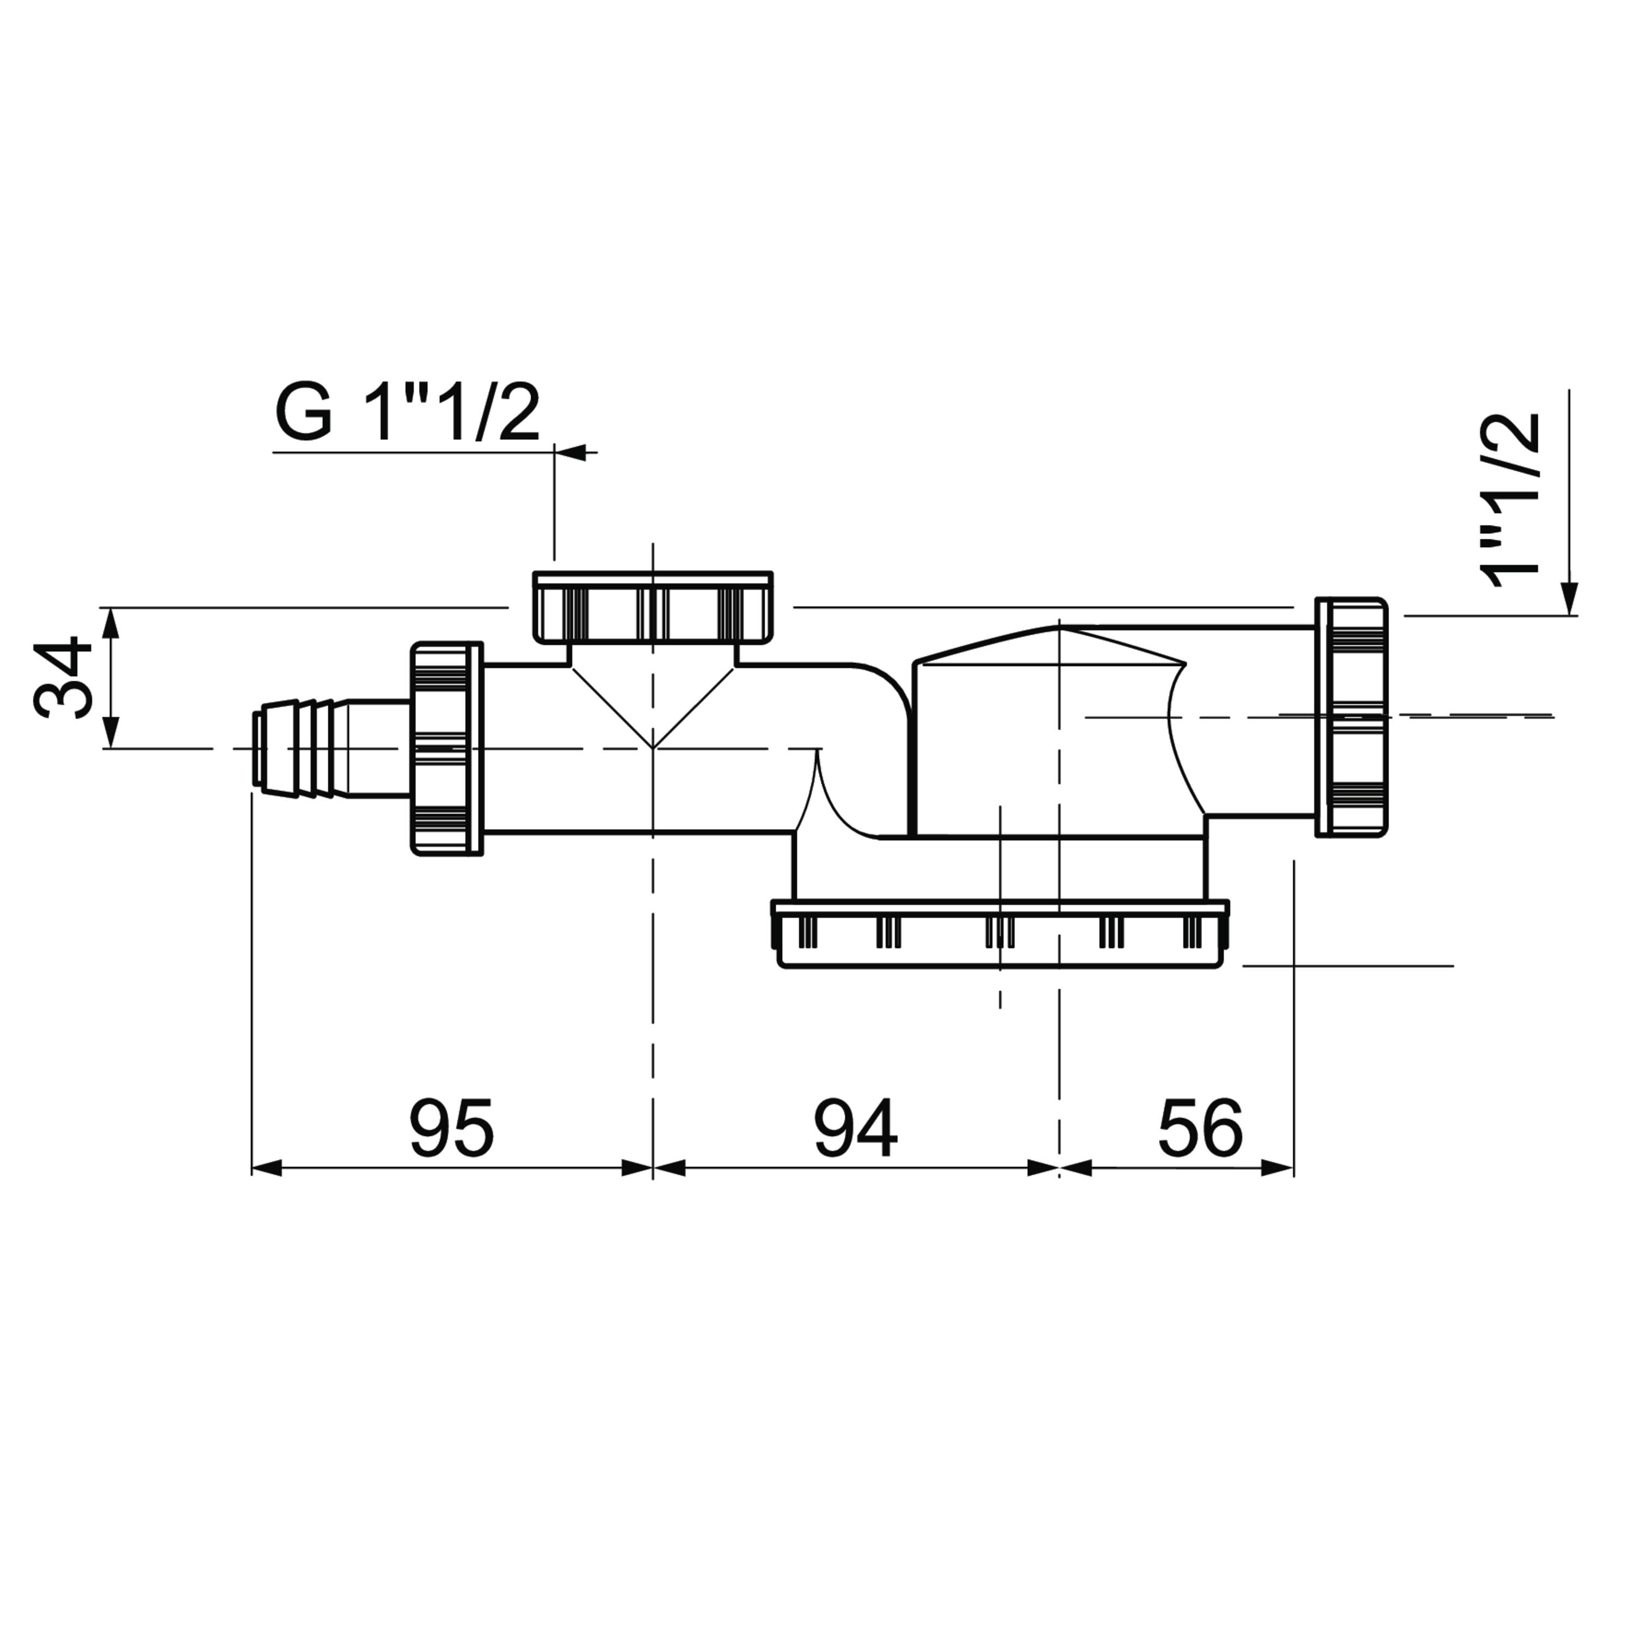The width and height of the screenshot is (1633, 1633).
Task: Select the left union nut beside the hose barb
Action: pos(446,749)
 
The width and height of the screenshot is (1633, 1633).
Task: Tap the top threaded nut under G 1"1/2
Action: pos(653,607)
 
